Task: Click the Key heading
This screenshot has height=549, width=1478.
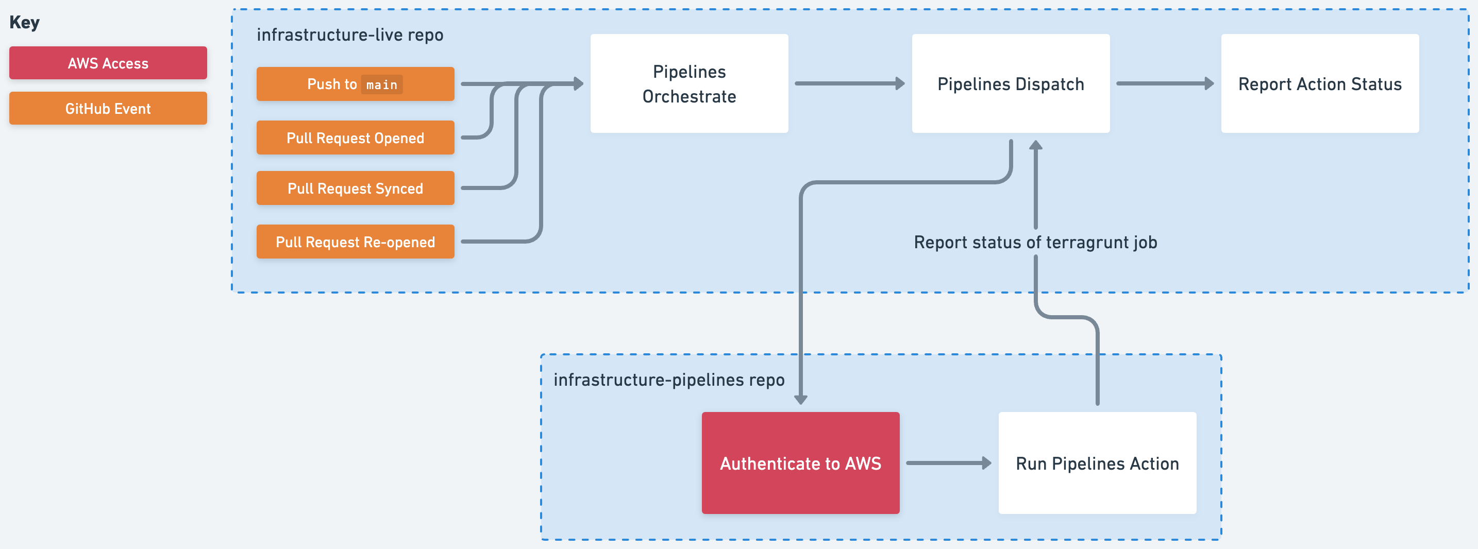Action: point(24,22)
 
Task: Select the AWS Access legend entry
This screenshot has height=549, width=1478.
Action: point(108,63)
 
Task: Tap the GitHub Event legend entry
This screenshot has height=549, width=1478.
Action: point(108,109)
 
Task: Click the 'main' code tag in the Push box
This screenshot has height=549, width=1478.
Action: point(381,85)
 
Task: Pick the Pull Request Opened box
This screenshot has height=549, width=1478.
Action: point(355,138)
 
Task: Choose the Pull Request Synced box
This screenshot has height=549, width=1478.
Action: point(355,188)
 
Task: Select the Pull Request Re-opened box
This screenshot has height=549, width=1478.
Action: point(355,242)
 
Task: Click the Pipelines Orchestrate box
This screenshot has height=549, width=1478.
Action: point(689,84)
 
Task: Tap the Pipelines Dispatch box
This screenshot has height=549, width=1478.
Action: point(1011,84)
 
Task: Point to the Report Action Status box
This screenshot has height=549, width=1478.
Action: point(1320,84)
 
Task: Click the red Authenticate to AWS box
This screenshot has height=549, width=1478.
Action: point(800,463)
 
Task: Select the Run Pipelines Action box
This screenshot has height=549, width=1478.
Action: point(1097,463)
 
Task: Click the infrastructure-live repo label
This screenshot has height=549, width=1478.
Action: point(349,35)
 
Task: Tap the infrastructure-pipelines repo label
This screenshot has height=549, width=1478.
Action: point(668,380)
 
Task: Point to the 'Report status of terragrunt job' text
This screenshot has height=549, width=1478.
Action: point(1035,242)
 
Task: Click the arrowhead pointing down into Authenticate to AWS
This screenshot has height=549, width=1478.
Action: point(801,399)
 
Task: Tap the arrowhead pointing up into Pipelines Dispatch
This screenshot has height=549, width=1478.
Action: point(1036,145)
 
